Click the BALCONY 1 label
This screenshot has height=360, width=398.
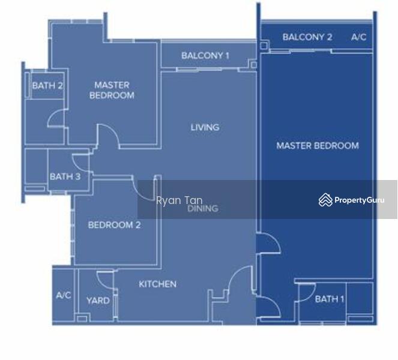click(x=205, y=56)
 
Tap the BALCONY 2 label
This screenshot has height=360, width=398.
click(x=307, y=37)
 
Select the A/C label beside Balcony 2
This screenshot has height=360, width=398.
click(x=358, y=37)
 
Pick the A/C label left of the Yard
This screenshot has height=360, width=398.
click(x=64, y=295)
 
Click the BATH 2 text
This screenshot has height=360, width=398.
click(x=47, y=86)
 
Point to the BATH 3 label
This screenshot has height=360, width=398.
click(x=65, y=176)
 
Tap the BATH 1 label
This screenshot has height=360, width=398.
click(x=330, y=299)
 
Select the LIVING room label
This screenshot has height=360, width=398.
click(x=205, y=127)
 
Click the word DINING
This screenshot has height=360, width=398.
click(x=202, y=209)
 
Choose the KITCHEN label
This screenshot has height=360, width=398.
click(x=157, y=284)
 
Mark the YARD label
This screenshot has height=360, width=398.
click(x=97, y=300)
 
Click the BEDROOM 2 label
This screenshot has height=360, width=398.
click(x=114, y=225)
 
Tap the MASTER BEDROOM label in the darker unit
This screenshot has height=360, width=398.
click(x=318, y=145)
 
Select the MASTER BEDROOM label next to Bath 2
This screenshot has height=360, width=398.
click(x=112, y=90)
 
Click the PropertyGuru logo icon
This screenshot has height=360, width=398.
click(x=325, y=200)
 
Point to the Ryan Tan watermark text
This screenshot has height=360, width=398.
click(x=179, y=201)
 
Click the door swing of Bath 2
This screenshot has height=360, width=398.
click(x=56, y=119)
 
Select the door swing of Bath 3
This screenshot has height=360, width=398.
click(x=80, y=161)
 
